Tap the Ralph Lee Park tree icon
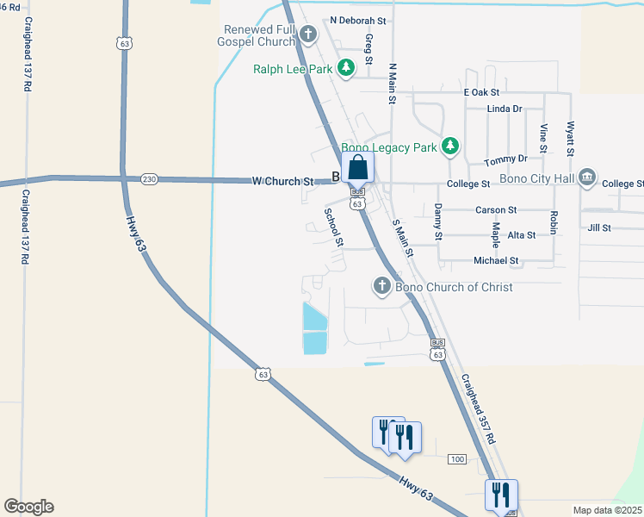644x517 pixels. coord(345,67)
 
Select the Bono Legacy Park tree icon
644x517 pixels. coord(449,147)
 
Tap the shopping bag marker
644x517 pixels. coord(358,167)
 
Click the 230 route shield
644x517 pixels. coord(150,179)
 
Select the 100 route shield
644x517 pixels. coord(457,459)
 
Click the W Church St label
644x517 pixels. coord(283,182)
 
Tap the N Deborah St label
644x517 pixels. coord(359,20)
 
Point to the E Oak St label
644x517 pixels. coord(481,92)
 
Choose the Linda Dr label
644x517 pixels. coord(505,109)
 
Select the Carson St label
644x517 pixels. coord(496,209)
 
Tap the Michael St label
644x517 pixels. coord(496,260)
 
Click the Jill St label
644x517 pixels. coord(598,228)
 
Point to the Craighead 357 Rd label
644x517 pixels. coord(478,409)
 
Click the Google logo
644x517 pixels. coord(28,507)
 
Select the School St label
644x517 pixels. coord(333,227)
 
